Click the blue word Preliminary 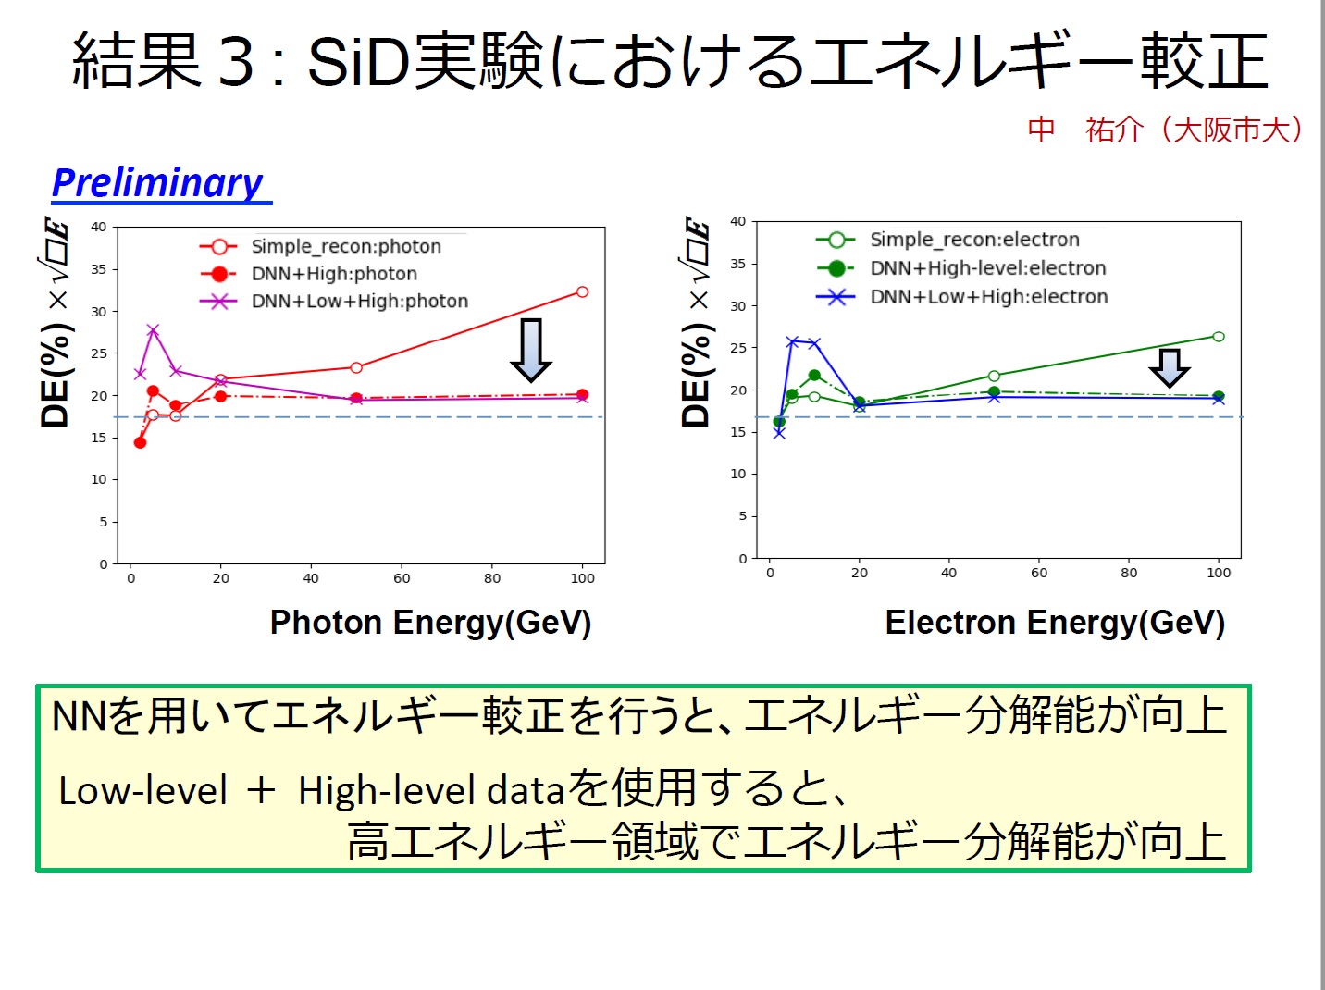(x=158, y=183)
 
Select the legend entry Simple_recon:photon (x=346, y=246)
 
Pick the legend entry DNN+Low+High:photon (x=359, y=301)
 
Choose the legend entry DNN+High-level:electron (x=987, y=268)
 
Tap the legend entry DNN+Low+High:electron (x=988, y=297)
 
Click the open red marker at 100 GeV (x=582, y=292)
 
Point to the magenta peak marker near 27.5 (x=153, y=330)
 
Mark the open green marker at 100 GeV (x=1219, y=337)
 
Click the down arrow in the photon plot (x=531, y=351)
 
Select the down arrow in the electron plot (x=1170, y=368)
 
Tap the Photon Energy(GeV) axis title (x=430, y=623)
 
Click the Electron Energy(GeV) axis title (x=1055, y=623)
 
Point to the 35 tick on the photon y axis (x=98, y=269)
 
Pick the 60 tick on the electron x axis (x=1039, y=573)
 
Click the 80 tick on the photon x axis (x=492, y=578)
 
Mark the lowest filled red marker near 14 (x=140, y=442)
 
